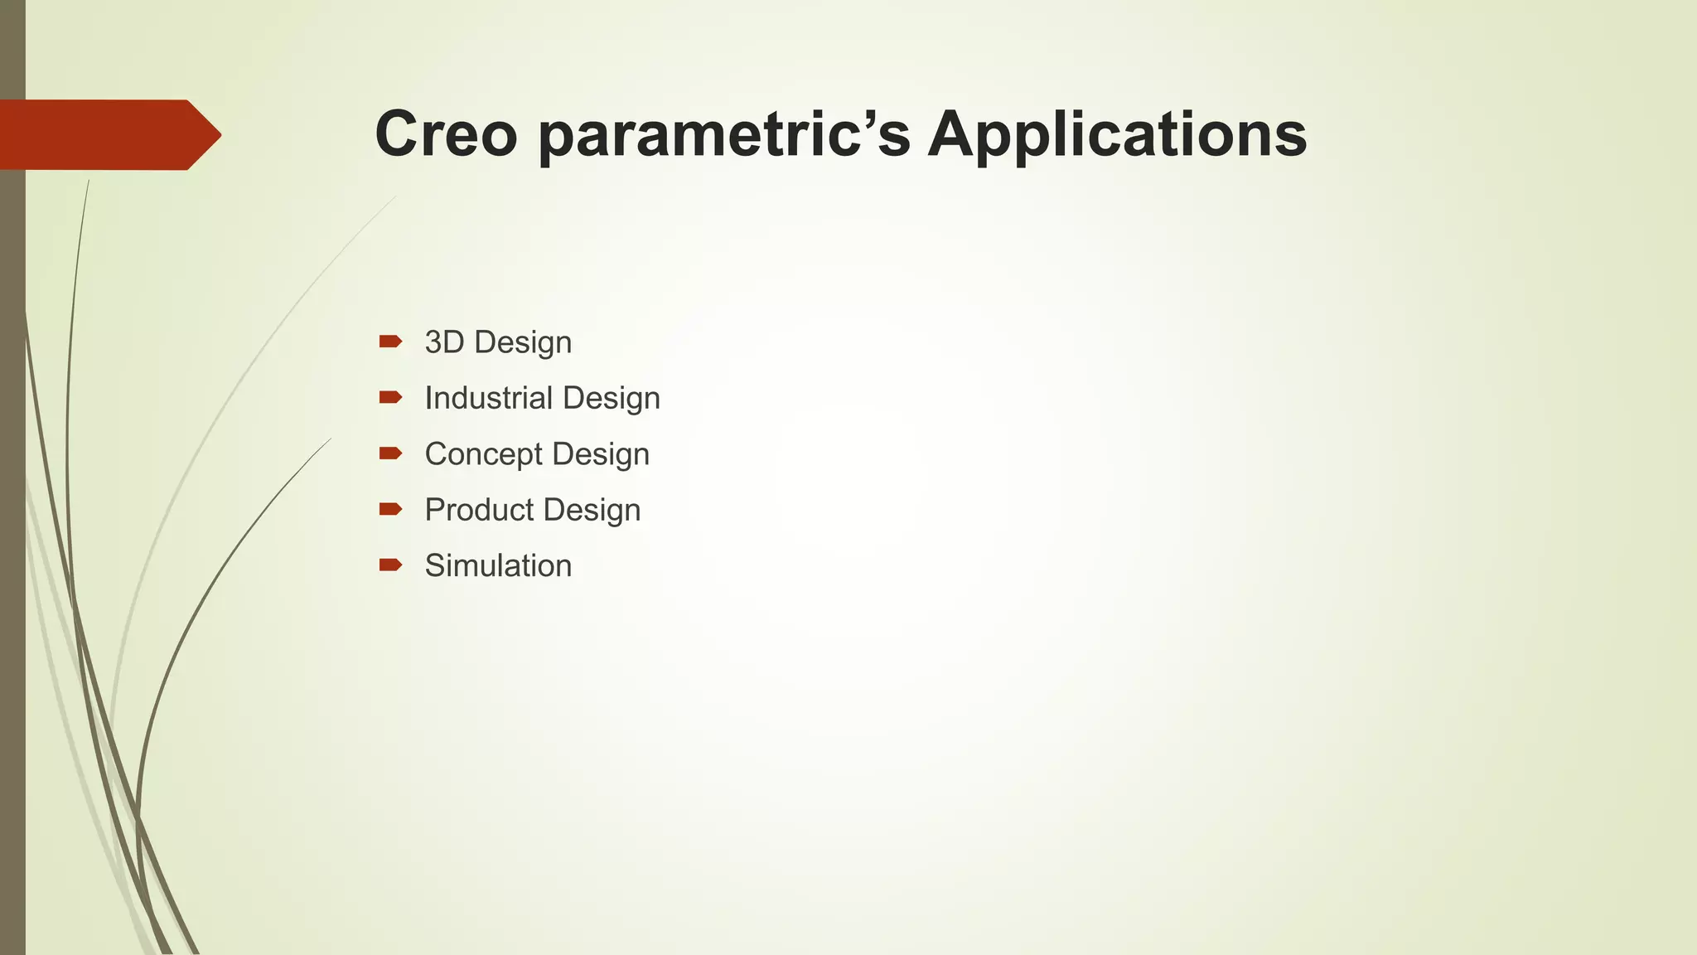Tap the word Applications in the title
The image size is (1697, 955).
[1116, 135]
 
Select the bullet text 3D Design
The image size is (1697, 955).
[498, 342]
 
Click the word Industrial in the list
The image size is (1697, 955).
[488, 398]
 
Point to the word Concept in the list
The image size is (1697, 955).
[483, 454]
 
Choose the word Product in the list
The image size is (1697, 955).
[479, 510]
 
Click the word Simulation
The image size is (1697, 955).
[498, 566]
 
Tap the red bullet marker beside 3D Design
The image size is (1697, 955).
[390, 342]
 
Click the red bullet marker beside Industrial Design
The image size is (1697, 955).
[390, 397]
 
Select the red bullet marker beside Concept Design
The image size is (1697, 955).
[390, 453]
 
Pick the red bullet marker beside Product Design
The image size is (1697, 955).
[390, 509]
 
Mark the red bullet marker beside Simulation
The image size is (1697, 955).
[390, 565]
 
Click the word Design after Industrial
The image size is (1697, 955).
[611, 398]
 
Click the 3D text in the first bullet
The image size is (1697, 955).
[444, 342]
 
